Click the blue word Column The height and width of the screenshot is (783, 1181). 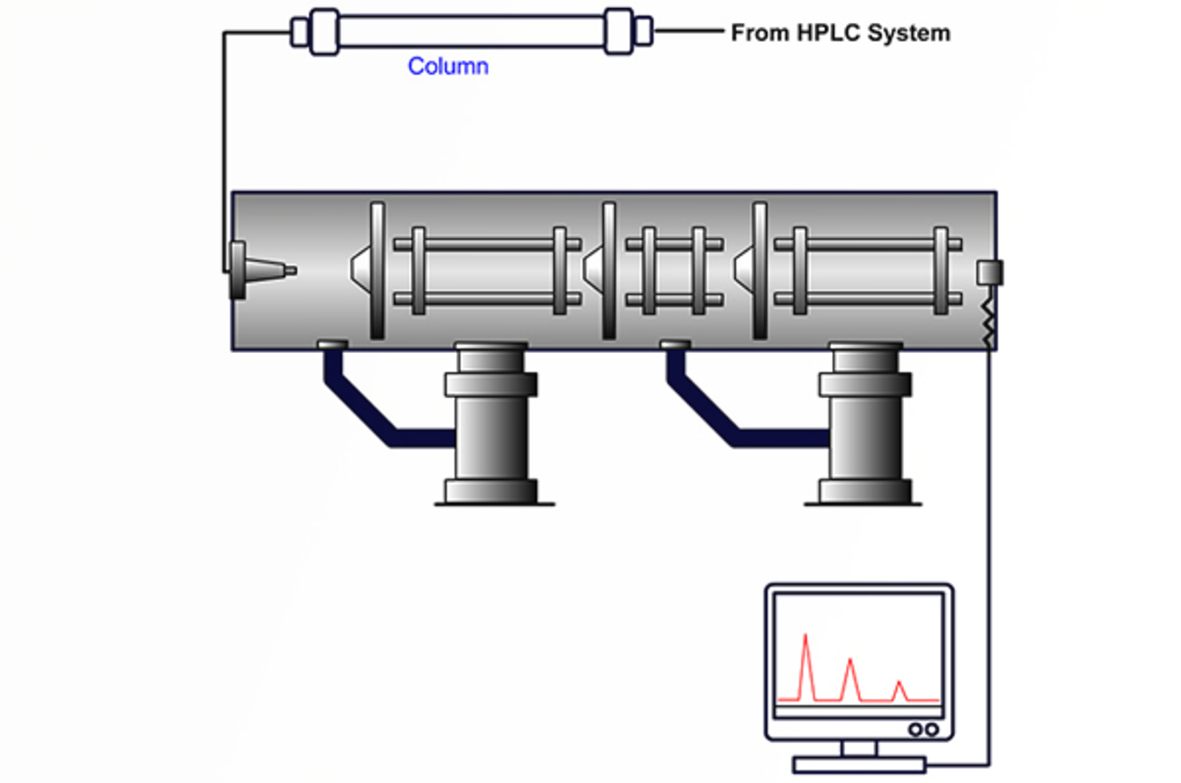pos(447,66)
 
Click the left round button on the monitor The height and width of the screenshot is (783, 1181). pos(915,730)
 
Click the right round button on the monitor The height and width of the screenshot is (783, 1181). pos(932,730)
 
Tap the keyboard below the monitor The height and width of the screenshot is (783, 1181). pos(859,765)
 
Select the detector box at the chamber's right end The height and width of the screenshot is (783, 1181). pos(989,272)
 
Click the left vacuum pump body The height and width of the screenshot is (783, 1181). pos(491,428)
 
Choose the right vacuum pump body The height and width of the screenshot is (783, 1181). pos(865,428)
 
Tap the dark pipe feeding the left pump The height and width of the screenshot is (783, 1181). pos(369,414)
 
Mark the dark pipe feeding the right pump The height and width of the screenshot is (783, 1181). pos(712,414)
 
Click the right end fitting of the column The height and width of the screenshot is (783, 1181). pos(620,32)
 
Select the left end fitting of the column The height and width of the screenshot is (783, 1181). pos(323,32)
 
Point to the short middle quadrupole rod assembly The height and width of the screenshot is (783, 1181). pos(674,270)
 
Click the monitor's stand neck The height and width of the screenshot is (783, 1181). pos(859,748)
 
